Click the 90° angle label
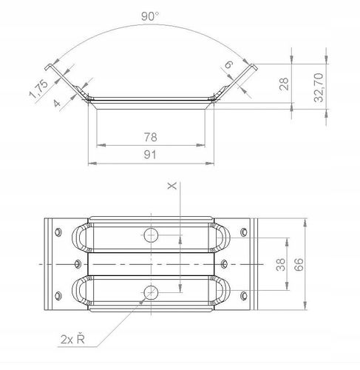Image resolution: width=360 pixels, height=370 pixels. [150, 16]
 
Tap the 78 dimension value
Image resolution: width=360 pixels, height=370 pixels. [150, 137]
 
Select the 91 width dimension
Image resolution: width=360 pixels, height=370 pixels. [150, 155]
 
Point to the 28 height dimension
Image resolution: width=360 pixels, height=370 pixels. [284, 84]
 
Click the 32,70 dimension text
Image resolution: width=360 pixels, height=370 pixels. [319, 87]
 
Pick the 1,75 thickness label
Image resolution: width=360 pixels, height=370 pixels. [38, 89]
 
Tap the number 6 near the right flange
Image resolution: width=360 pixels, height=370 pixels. [228, 64]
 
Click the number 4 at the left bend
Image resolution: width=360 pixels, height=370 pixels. [57, 103]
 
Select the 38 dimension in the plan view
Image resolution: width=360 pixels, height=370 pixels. [281, 264]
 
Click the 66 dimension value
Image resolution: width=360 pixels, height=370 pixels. [299, 264]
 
